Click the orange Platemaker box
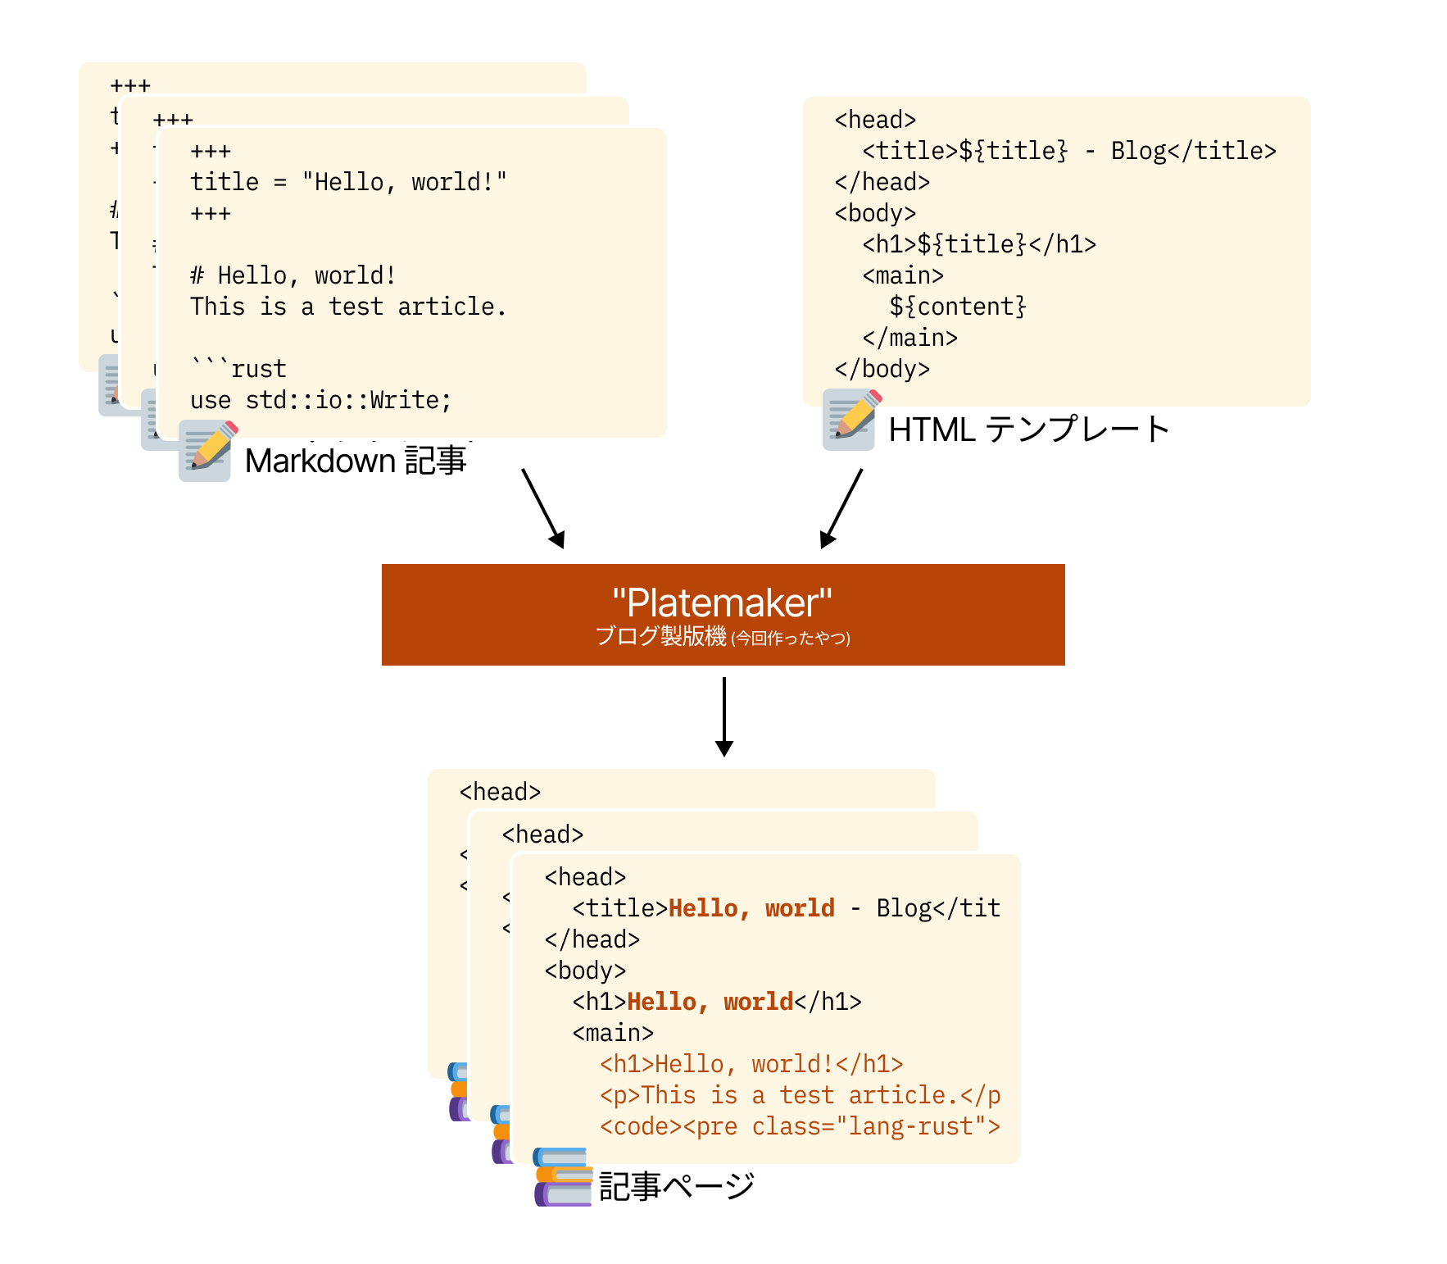click(x=723, y=614)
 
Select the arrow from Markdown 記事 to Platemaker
click(x=543, y=508)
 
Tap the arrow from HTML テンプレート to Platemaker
click(x=841, y=508)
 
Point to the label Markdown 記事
click(x=355, y=461)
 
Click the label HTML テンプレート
click(x=1028, y=430)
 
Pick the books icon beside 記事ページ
click(x=563, y=1177)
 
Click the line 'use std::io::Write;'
click(x=320, y=400)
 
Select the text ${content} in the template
click(x=957, y=307)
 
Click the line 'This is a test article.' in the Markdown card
click(x=348, y=307)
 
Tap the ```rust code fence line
click(x=238, y=369)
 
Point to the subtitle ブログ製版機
click(x=660, y=636)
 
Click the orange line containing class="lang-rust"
click(x=799, y=1126)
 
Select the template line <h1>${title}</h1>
click(x=978, y=244)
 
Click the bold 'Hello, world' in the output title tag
click(x=751, y=908)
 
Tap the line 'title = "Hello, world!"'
click(x=348, y=182)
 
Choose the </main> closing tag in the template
click(x=909, y=338)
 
